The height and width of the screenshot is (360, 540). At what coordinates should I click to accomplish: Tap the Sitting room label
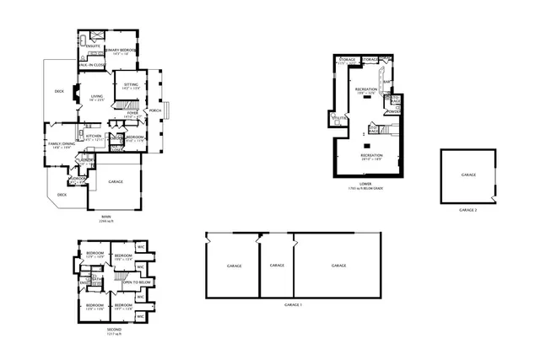coord(132,86)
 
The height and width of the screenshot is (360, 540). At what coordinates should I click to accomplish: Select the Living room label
coord(97,98)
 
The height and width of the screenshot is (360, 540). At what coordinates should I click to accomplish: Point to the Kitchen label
coord(94,137)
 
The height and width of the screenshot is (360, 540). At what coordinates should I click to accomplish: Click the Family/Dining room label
coord(59,146)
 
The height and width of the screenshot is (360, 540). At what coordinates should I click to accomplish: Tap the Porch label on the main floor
coord(154,110)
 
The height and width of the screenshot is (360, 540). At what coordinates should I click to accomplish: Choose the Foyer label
coord(132,113)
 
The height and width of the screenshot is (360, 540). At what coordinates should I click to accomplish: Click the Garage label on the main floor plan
coord(116,182)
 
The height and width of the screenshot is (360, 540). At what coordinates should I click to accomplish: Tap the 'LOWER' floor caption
coord(365,182)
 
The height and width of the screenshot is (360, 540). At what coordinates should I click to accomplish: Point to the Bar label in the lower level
coord(386,82)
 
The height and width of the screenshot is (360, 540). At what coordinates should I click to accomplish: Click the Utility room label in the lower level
coord(340,118)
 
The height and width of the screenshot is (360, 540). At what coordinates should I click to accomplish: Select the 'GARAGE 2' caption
coord(468,209)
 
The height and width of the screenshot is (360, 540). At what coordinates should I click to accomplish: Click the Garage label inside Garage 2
coord(468,175)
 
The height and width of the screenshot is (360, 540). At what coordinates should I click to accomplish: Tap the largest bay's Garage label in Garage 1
coord(338,266)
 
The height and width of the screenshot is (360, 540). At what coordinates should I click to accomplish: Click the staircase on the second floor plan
coord(121,279)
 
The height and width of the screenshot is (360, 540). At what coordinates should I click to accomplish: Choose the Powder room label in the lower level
coord(392,110)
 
